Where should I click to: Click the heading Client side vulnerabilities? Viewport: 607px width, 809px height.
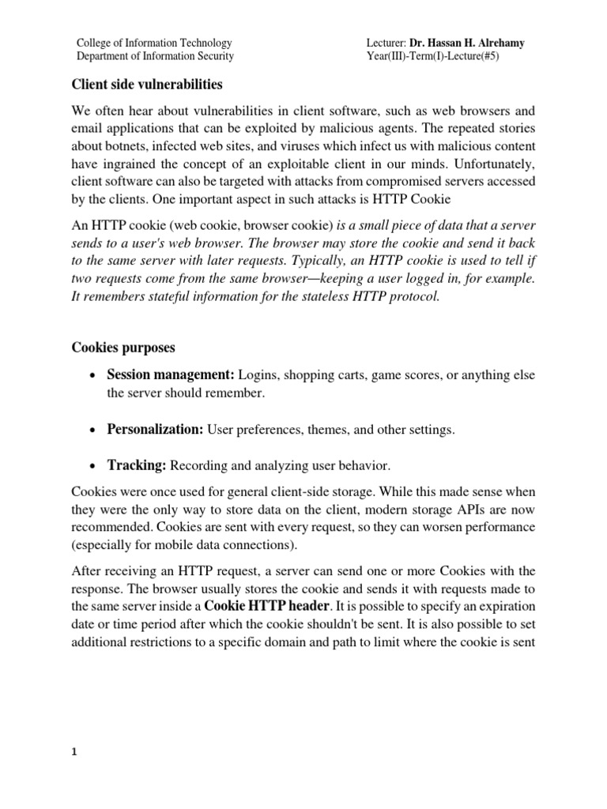tap(146, 83)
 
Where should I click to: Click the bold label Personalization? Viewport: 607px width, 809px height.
tap(156, 430)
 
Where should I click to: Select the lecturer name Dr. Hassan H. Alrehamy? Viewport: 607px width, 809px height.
tap(466, 43)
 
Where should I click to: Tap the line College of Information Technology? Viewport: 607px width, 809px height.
tap(153, 43)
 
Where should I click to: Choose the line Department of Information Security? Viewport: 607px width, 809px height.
tap(154, 56)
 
